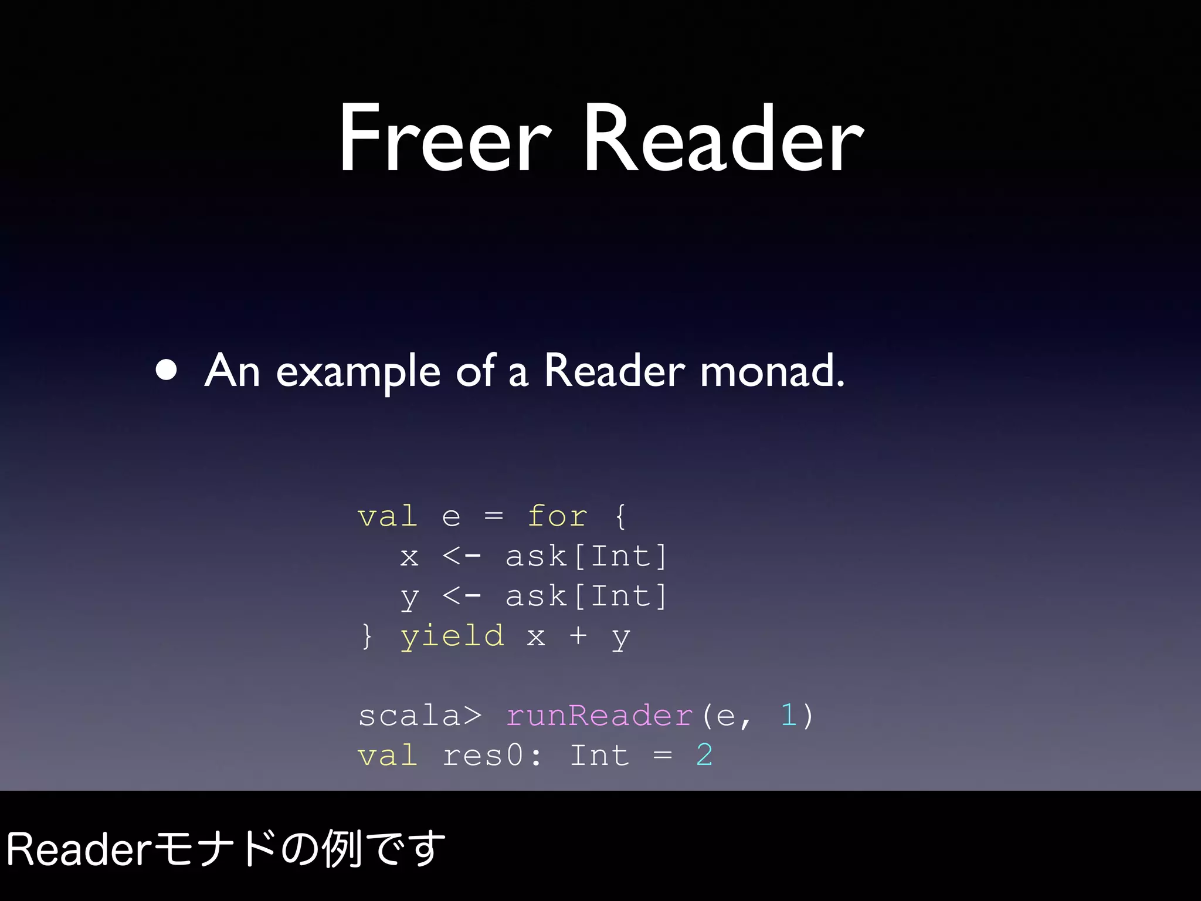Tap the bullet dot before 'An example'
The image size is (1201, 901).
(167, 371)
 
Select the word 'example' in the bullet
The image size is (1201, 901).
(358, 372)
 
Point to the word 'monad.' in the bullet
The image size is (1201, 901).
(772, 372)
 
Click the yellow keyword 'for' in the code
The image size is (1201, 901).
(557, 517)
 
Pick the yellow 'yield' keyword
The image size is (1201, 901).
(452, 636)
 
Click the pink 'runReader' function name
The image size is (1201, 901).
(599, 716)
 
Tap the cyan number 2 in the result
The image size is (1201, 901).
(704, 756)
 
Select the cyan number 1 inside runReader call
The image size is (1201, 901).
(789, 716)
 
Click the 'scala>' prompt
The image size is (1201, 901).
(420, 716)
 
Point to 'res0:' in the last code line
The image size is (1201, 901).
(492, 756)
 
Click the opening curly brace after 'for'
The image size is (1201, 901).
(620, 517)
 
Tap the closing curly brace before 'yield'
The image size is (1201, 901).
(367, 636)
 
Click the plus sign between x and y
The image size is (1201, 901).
(578, 635)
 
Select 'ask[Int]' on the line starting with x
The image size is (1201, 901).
(586, 557)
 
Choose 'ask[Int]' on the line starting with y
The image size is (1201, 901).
(586, 597)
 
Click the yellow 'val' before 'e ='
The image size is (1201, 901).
(388, 517)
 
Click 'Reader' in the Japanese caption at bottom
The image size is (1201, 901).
(79, 849)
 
